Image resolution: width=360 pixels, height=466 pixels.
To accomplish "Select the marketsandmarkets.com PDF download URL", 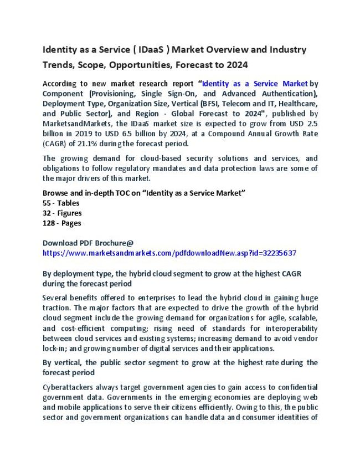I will pos(169,253).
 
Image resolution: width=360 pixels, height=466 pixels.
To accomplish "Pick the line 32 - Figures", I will pos(62,213).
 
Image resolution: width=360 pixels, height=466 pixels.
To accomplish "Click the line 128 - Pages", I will pos(62,223).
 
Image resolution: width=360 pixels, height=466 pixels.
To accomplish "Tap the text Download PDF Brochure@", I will pos(88,243).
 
